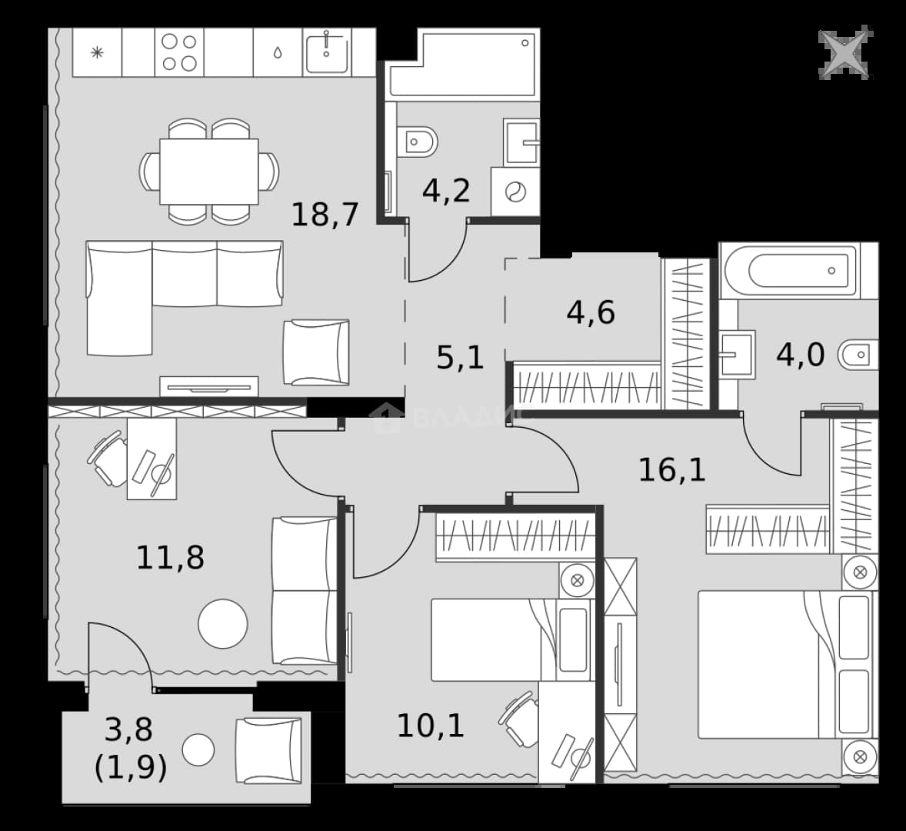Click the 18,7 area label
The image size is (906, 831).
(325, 215)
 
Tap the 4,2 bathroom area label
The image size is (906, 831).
(446, 190)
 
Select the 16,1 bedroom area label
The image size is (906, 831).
(672, 469)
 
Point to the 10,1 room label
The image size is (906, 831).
(431, 726)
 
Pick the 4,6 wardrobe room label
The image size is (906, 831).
(591, 312)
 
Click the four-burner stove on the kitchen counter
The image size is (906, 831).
(179, 52)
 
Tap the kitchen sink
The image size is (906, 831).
(326, 52)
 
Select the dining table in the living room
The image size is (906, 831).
(209, 171)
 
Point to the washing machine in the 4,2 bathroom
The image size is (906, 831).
(515, 192)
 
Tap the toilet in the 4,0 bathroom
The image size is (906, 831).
(858, 354)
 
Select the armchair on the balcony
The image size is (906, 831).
(268, 751)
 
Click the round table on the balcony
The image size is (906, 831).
(198, 749)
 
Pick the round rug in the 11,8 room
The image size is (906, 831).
(223, 623)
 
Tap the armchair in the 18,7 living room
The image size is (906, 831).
(316, 352)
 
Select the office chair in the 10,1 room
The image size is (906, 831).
(518, 719)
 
